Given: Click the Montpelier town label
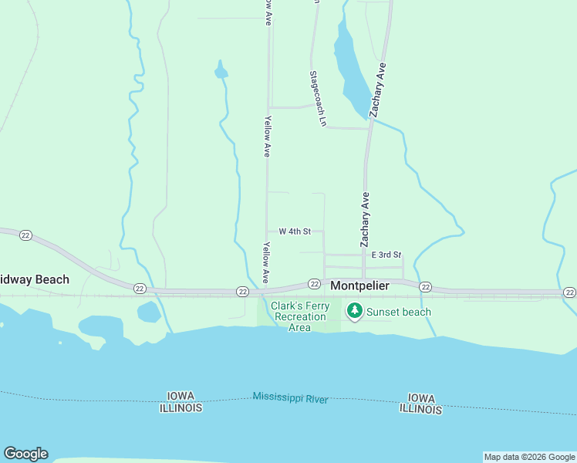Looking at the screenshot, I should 359,286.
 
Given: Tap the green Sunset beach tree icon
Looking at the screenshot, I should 355,312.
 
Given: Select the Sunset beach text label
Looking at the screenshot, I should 398,312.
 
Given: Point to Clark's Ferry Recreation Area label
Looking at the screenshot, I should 300,317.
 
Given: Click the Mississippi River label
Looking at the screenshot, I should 290,398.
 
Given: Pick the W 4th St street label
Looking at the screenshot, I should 295,231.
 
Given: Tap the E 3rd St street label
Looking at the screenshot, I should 386,255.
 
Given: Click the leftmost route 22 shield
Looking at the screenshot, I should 25,235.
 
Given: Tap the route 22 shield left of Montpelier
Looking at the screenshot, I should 314,284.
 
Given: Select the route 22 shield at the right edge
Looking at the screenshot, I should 569,292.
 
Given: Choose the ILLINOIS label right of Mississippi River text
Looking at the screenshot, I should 420,410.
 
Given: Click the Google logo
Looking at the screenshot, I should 25,454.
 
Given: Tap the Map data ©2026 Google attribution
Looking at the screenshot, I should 529,457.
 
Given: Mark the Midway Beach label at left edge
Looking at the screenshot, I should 35,279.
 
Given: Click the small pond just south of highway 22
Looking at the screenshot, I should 148,313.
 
